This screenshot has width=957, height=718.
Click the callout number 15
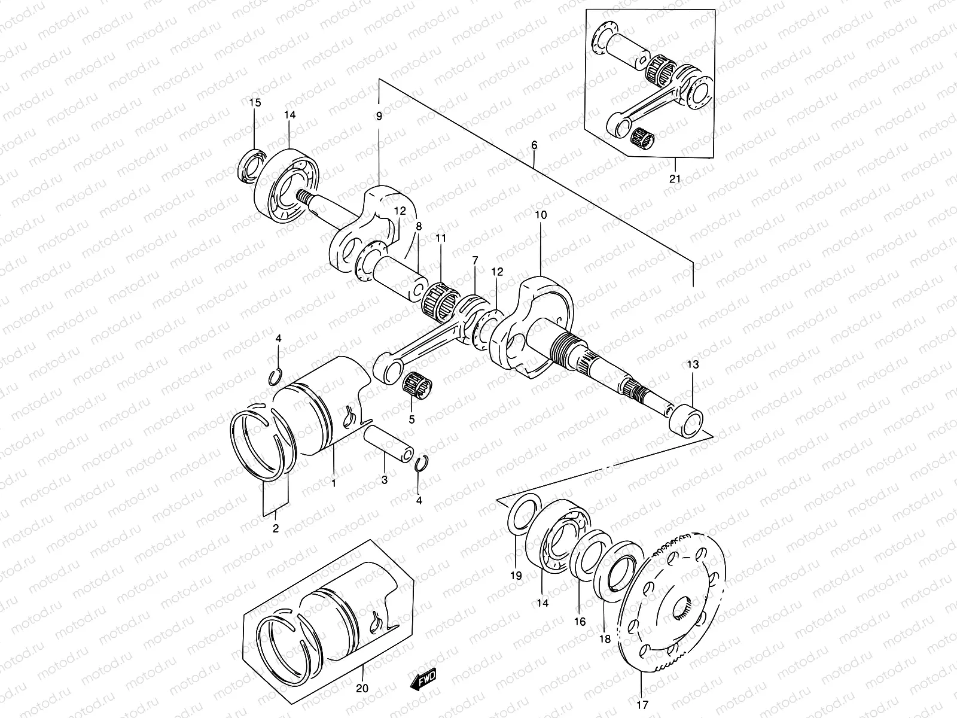[255, 102]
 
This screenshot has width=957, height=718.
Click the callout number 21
[675, 179]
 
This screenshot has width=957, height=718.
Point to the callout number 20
[361, 688]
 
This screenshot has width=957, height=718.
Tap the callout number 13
[693, 364]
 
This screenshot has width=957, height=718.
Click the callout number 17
[641, 704]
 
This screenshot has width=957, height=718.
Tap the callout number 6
[534, 145]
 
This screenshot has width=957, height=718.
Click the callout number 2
[276, 528]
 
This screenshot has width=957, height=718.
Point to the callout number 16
[580, 621]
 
